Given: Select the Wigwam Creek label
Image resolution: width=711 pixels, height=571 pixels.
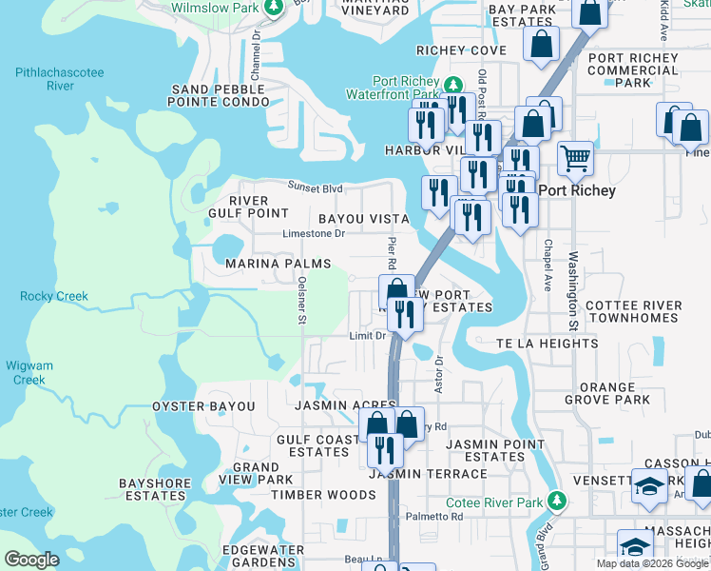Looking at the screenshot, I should coord(29,372).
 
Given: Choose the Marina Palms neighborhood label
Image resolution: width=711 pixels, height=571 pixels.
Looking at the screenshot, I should coord(278,264).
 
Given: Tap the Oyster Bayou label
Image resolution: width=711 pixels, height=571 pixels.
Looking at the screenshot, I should coord(203,406).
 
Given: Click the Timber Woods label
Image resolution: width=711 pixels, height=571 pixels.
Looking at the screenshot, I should coord(323,495).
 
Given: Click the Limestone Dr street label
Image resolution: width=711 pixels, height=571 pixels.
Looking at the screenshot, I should coord(314,233).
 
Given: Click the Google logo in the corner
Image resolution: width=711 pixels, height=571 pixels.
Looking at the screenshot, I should coord(32,560).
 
